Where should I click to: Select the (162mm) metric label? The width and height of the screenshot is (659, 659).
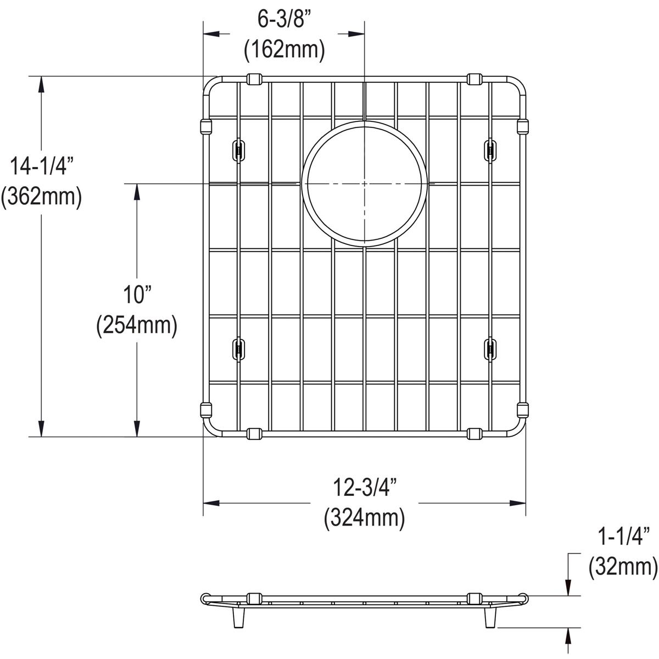[284, 50]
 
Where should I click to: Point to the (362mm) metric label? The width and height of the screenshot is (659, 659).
[41, 196]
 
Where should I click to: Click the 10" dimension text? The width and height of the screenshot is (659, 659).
[136, 296]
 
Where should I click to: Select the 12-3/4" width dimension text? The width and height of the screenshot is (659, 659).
[365, 488]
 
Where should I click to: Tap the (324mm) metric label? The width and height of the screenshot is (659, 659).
[365, 517]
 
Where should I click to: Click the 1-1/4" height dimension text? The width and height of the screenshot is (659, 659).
[623, 536]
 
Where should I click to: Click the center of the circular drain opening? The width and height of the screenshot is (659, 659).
[364, 183]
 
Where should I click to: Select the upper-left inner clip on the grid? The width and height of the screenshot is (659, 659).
[239, 150]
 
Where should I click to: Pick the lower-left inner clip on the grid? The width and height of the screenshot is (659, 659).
[239, 349]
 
